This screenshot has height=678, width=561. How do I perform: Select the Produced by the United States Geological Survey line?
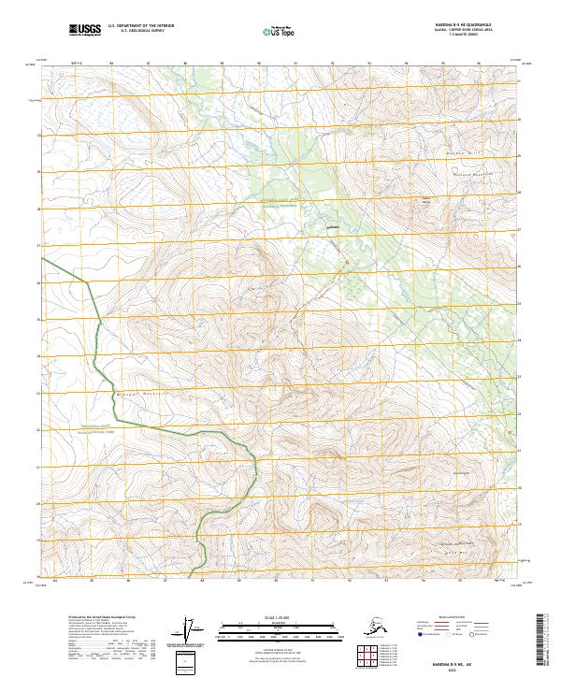click(x=98, y=617)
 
